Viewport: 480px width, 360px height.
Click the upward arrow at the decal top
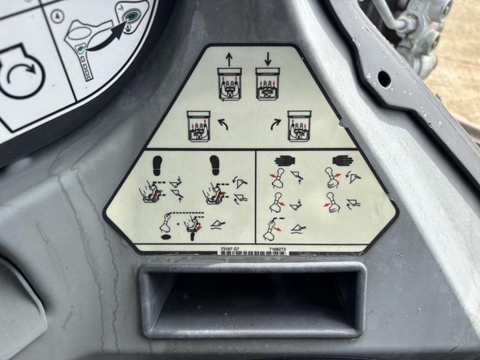[x=228, y=58]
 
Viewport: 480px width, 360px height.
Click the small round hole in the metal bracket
[x=383, y=78]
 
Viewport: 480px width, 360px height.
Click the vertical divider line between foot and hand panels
[x=257, y=198]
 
